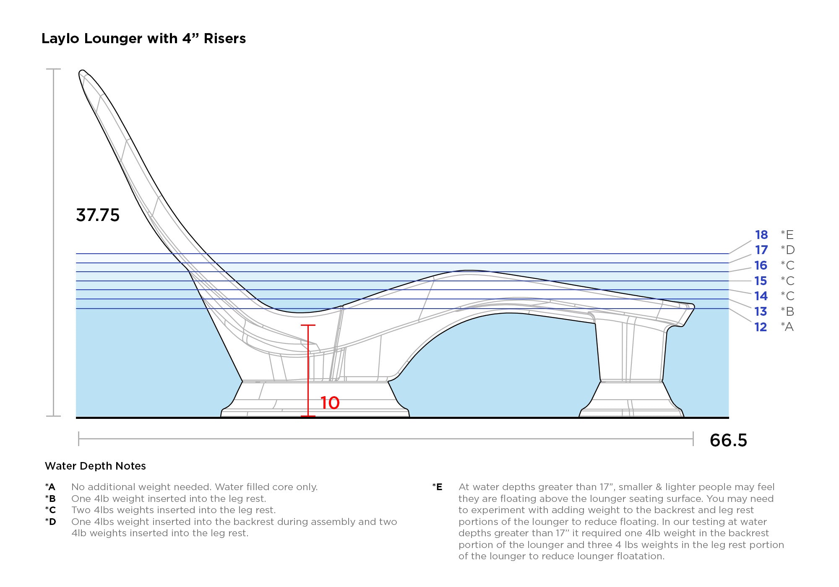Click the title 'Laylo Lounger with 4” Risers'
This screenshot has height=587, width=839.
(143, 39)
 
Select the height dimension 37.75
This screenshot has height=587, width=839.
(98, 215)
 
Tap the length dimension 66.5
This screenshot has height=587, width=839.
(728, 440)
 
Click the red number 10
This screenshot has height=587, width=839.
(330, 403)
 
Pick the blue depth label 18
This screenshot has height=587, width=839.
(761, 235)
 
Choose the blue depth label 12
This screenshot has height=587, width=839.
(761, 327)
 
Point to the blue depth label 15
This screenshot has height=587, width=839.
(761, 281)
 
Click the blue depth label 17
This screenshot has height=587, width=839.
(761, 250)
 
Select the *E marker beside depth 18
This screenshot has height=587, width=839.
(787, 235)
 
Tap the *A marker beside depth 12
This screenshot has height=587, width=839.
(787, 327)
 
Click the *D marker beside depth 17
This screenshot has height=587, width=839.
(787, 250)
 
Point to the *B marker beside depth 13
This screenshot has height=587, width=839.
(787, 312)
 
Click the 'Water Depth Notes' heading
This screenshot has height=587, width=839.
(95, 466)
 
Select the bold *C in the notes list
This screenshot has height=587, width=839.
(50, 510)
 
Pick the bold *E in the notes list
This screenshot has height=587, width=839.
(437, 487)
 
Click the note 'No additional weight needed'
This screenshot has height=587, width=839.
(141, 487)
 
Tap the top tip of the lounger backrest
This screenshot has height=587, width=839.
(82, 71)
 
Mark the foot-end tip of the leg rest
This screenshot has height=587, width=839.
(694, 307)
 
